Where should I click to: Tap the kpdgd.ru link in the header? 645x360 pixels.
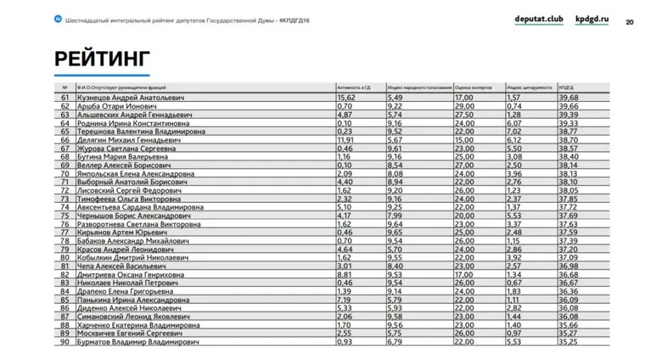[x=592, y=19]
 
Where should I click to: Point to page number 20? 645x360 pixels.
[x=629, y=21]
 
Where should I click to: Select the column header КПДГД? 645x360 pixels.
[x=567, y=87]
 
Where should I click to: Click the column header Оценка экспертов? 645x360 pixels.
[x=474, y=87]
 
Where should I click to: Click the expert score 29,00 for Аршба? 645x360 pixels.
[x=464, y=106]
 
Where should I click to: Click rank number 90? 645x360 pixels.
[x=64, y=342]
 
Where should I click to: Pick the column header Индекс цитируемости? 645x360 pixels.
[x=530, y=87]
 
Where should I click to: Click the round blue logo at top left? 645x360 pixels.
[x=56, y=19]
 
